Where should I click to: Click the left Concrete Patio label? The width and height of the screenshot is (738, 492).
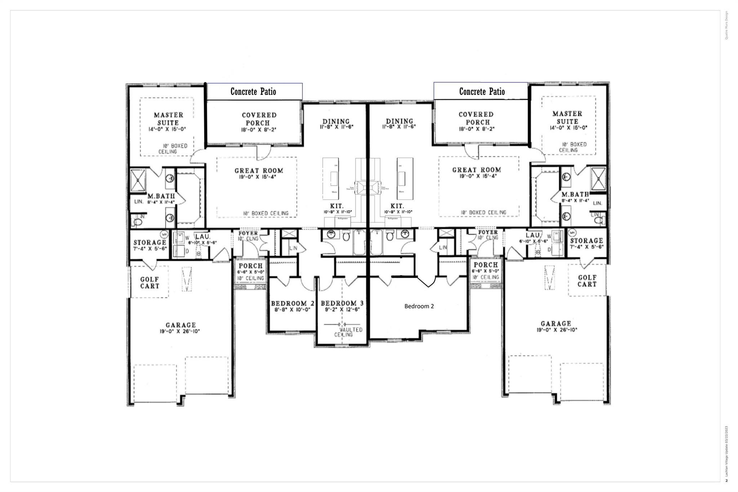pos(253,92)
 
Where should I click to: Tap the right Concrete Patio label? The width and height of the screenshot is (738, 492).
pos(482,92)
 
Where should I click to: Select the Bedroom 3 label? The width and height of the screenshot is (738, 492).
pos(339,303)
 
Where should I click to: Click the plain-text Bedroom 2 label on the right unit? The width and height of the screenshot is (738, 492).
pos(419,306)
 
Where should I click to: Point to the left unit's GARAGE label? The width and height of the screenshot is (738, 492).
pos(181,325)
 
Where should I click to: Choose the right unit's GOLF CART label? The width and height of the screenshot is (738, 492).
pos(587,281)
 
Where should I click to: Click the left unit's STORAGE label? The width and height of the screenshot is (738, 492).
pos(150,243)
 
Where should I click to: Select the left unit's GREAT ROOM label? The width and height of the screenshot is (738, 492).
pos(259,170)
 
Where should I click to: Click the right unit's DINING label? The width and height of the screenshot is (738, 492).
pos(399,121)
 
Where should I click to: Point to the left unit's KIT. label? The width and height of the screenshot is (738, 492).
pos(337,206)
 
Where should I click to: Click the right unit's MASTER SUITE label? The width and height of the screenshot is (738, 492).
pos(567,118)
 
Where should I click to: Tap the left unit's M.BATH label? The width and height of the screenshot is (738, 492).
pos(161,196)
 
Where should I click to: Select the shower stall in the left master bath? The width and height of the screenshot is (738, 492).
pos(138,180)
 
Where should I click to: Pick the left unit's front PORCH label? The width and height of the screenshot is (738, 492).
pos(250,266)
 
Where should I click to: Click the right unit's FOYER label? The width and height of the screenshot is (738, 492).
pos(488,232)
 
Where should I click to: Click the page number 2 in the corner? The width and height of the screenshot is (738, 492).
pos(726,480)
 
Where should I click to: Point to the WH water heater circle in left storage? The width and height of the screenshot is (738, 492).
pos(164,234)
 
